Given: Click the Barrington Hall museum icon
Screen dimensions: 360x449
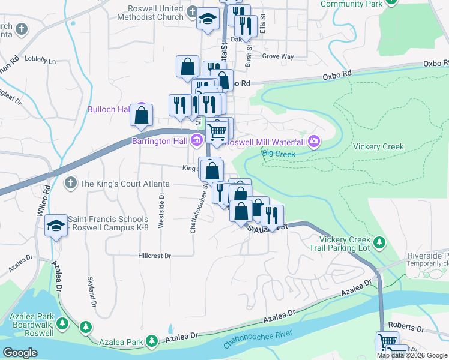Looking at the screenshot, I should point(196,141).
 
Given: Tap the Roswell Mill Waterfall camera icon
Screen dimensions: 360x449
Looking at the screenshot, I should point(313,142).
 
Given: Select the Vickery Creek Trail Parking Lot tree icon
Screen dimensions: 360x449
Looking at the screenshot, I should point(379,242).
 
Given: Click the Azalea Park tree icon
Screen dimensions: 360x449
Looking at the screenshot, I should point(152,341).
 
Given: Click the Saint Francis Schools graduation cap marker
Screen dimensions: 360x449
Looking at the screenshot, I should point(56,226).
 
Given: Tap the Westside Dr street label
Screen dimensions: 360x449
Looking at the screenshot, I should point(161,211).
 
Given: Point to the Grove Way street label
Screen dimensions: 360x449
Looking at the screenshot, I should point(278,57).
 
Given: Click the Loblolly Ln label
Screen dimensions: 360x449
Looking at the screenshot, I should point(41,61).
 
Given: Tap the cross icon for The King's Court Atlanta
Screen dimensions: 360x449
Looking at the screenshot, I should point(71,183).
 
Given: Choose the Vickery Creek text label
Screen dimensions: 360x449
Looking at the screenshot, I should point(378,147).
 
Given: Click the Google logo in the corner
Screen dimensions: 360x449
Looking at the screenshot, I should point(21,353).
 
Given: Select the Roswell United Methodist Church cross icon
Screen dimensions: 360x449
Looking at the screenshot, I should point(192,12).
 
